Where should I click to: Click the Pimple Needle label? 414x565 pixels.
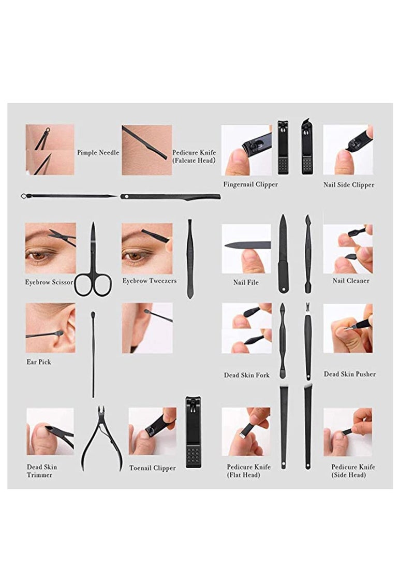click(98, 153)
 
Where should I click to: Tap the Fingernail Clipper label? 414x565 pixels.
click(250, 184)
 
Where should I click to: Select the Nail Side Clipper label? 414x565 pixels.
click(348, 185)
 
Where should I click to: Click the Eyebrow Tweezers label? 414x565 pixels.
click(150, 281)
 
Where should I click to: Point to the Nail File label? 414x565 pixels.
click(246, 283)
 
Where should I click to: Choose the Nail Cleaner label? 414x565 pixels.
click(351, 281)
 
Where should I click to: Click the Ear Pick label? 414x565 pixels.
click(39, 362)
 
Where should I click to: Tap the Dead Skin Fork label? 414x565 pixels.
click(247, 375)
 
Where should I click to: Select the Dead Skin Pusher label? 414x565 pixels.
click(349, 374)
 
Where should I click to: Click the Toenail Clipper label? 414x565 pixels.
click(153, 468)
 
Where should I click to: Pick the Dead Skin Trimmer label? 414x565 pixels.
click(42, 471)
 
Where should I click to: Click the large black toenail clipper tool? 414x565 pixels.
click(194, 432)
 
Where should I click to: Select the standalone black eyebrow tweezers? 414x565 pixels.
click(190, 259)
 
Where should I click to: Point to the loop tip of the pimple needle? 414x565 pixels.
click(24, 196)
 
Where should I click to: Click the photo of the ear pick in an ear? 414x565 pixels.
click(51, 328)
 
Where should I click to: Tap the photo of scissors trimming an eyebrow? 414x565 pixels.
click(50, 248)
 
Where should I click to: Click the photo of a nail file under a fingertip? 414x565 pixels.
click(246, 249)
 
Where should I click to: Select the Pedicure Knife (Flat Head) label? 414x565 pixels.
click(248, 471)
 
